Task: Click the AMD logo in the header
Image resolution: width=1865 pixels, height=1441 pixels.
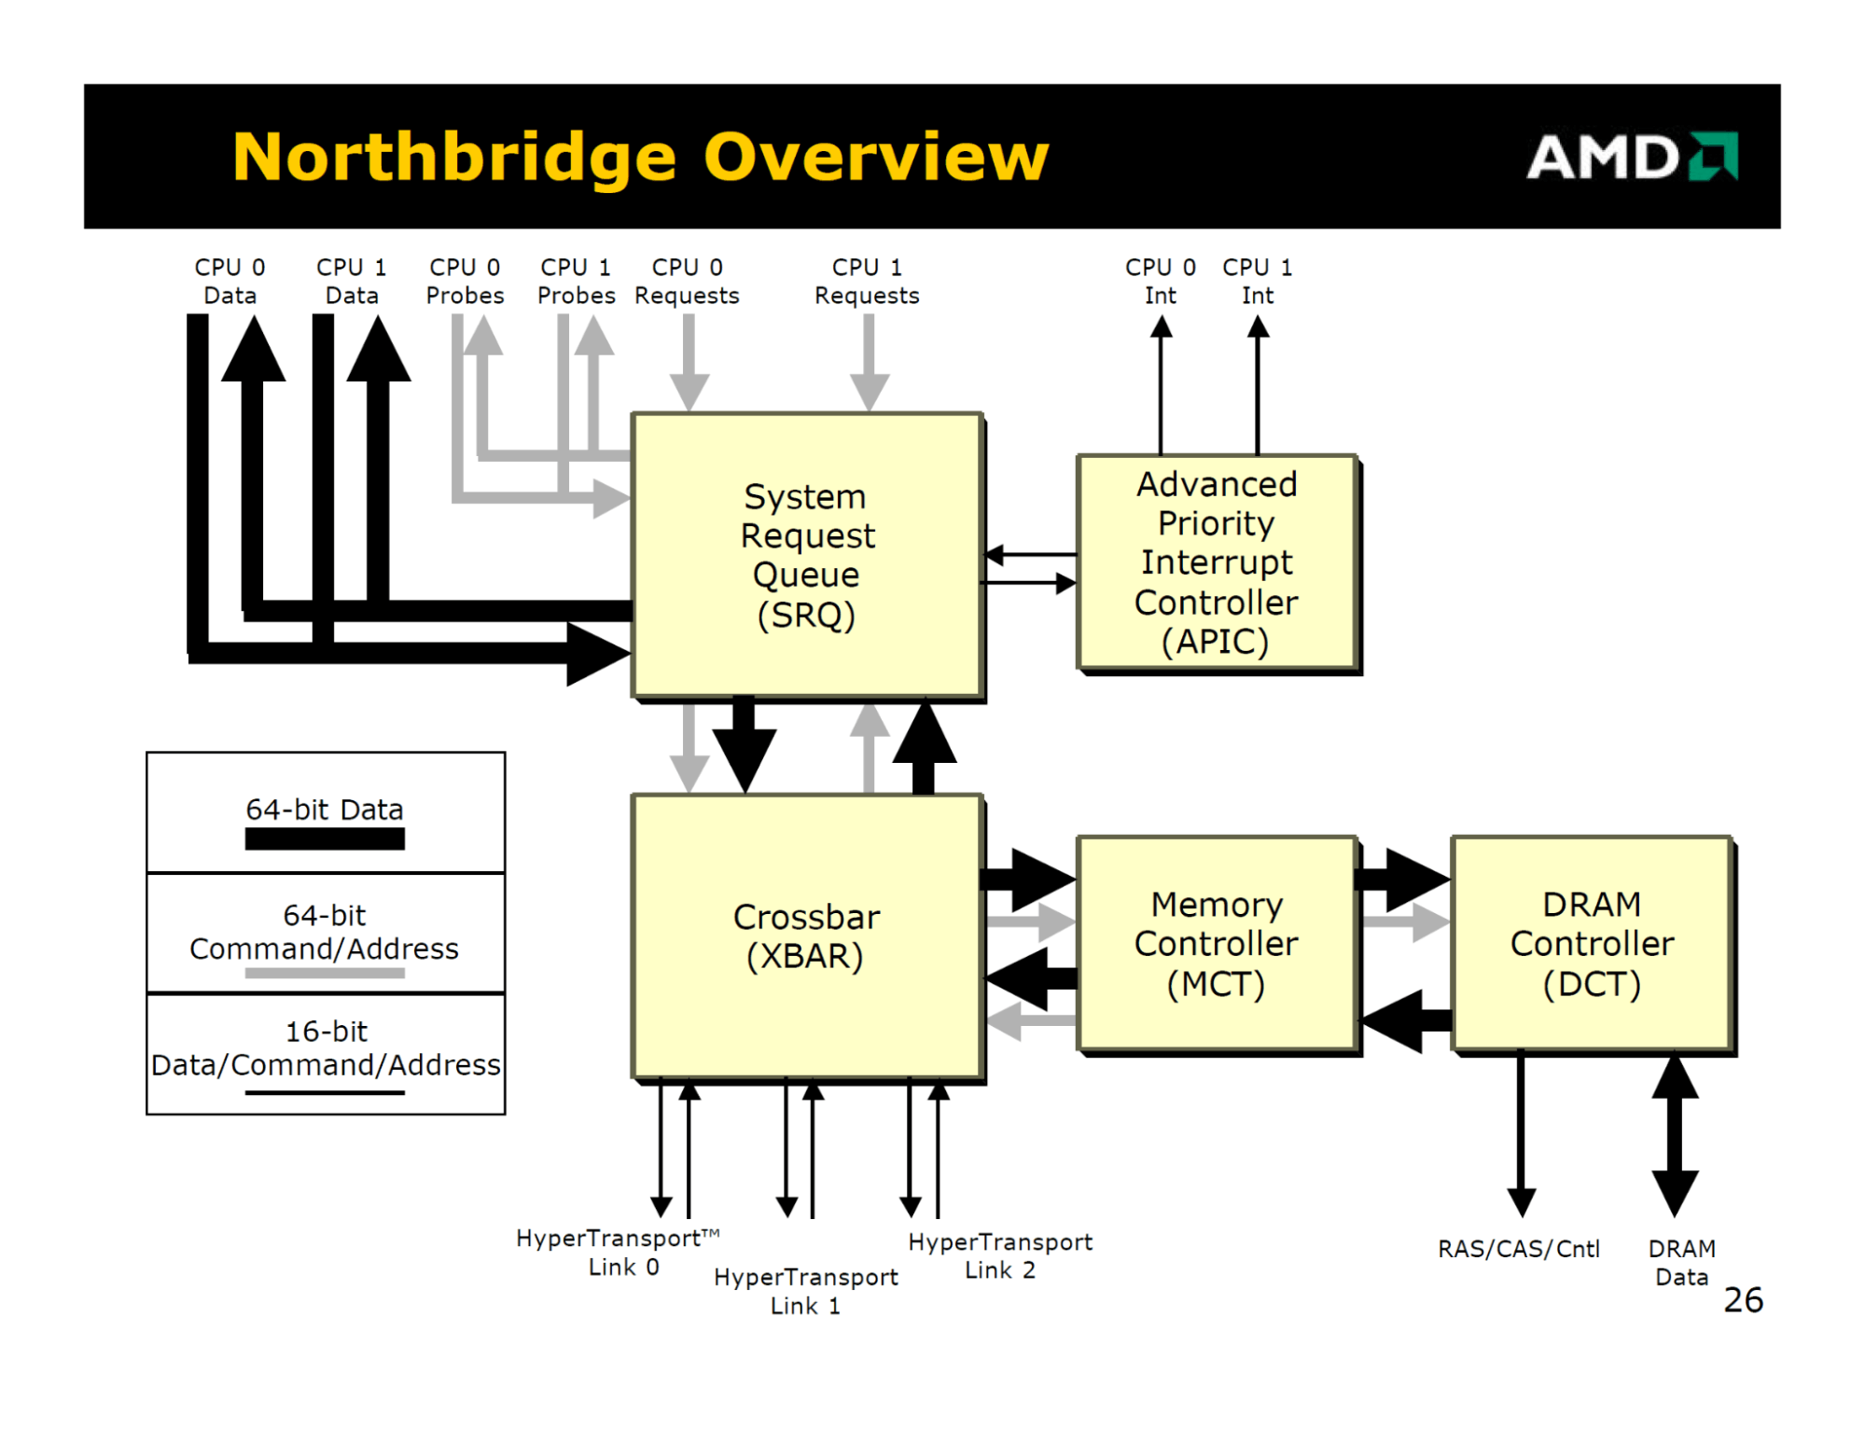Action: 1631,157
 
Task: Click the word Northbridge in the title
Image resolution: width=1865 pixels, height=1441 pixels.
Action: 453,157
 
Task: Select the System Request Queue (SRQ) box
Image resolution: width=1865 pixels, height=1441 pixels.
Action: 807,555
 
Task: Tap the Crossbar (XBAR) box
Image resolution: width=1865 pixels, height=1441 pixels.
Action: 807,936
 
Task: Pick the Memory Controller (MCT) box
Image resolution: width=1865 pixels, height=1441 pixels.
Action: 1216,943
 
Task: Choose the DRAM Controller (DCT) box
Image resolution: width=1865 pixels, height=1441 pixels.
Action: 1592,943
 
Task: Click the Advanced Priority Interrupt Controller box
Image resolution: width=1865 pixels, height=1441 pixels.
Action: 1216,562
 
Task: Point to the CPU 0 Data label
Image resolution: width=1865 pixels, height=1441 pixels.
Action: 230,281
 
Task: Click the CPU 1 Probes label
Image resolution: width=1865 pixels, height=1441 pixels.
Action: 576,281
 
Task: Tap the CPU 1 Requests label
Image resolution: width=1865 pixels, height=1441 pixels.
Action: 867,281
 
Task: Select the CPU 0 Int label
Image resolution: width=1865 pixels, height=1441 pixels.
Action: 1160,281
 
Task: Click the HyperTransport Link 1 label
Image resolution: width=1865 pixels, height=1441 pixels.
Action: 805,1291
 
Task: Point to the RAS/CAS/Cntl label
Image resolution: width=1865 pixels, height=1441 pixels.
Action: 1518,1248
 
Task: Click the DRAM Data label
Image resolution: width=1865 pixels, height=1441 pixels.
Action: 1681,1262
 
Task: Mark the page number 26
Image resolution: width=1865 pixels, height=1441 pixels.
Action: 1743,1299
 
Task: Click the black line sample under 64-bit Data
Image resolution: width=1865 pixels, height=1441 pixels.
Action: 325,839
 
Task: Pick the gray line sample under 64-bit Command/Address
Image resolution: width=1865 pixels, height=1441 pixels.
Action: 325,973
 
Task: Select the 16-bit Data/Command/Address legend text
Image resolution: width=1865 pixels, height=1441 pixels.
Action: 326,1048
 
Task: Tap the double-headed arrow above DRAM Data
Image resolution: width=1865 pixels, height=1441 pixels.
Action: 1675,1133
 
